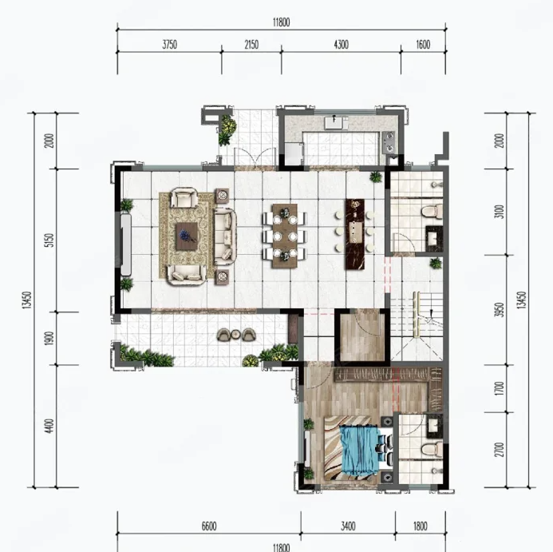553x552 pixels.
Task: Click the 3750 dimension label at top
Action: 169,45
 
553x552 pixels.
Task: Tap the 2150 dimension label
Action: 251,45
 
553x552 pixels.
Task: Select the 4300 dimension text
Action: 341,45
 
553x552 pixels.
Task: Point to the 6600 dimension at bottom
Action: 209,526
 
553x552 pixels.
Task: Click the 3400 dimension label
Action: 348,526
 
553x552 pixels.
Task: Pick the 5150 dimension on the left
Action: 50,240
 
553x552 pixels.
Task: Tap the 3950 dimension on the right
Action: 500,310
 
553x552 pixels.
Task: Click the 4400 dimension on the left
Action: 50,426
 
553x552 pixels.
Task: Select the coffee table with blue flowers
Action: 187,236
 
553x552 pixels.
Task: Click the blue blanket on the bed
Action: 359,451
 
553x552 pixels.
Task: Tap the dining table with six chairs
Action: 285,236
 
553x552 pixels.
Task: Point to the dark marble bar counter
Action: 355,234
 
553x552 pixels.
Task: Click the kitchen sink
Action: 334,122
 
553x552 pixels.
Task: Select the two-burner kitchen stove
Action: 389,141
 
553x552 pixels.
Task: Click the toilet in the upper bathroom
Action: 432,212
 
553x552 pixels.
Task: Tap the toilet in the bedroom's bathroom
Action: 432,449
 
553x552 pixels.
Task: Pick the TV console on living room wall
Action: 126,244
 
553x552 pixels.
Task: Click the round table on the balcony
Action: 235,334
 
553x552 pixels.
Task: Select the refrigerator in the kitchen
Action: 294,153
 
